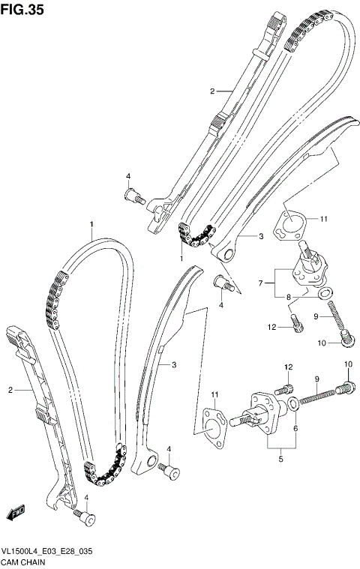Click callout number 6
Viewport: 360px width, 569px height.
(296, 428)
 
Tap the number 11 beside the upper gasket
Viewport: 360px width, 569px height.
(323, 220)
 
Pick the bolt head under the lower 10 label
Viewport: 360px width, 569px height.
(346, 388)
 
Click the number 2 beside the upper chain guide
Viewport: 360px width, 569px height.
(212, 91)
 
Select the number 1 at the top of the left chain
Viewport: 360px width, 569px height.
(91, 224)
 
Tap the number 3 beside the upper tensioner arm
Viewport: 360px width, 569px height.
(260, 236)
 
